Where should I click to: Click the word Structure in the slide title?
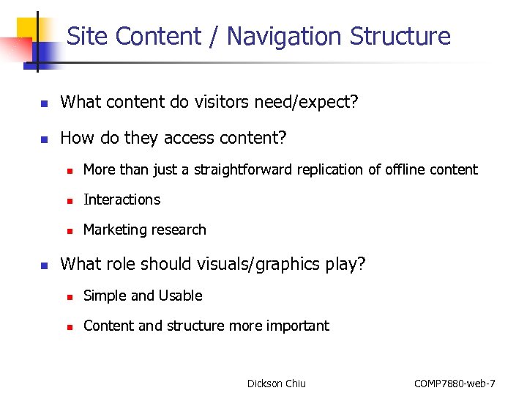click(x=400, y=36)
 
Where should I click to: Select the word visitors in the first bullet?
click(x=221, y=102)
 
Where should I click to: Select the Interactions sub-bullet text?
click(x=122, y=199)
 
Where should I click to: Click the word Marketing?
click(x=113, y=230)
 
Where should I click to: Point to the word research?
click(x=177, y=230)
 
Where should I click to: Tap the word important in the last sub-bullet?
click(x=299, y=326)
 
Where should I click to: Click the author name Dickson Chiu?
click(x=277, y=383)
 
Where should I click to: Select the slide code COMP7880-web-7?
click(x=455, y=383)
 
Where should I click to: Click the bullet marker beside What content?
click(x=44, y=103)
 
